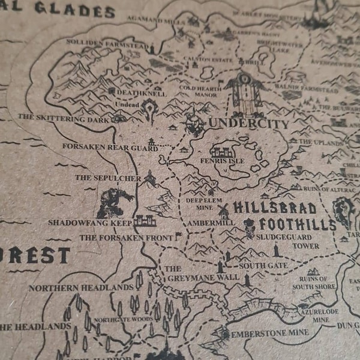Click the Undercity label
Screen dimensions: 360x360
pyautogui.click(x=248, y=124)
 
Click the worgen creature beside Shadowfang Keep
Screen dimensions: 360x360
pyautogui.click(x=113, y=203)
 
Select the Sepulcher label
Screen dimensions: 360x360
pyautogui.click(x=108, y=178)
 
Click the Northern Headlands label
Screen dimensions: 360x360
pyautogui.click(x=81, y=288)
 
